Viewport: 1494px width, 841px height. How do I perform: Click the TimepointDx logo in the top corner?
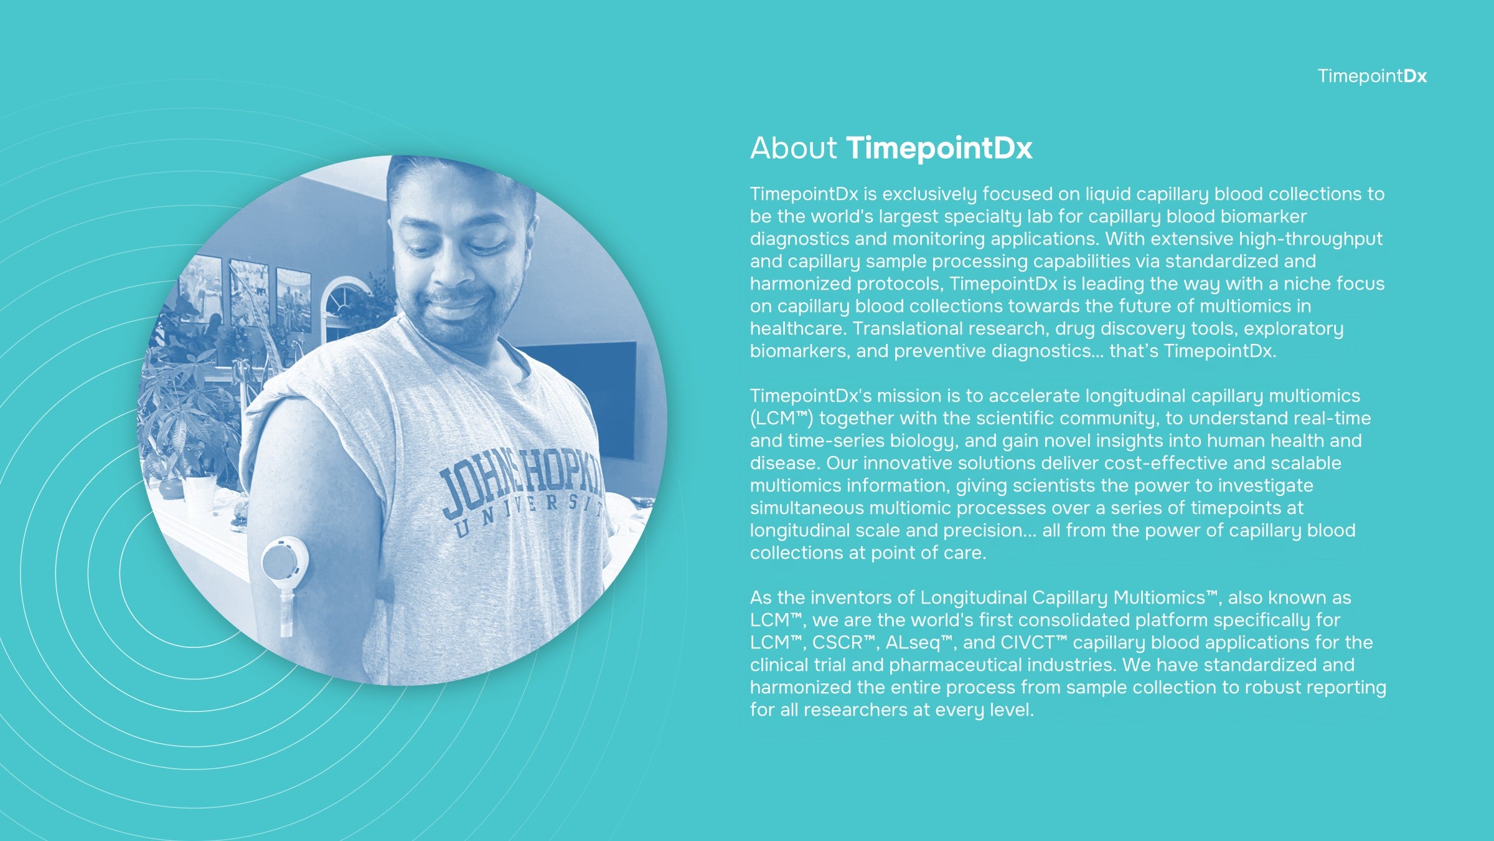pyautogui.click(x=1372, y=76)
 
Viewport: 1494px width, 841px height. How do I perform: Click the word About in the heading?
pyautogui.click(x=794, y=148)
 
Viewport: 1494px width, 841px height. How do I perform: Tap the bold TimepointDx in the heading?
pyautogui.click(x=939, y=148)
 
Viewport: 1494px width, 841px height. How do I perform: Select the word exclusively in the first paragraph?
pyautogui.click(x=929, y=194)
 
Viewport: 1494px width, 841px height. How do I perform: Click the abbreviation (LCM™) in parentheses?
pyautogui.click(x=781, y=419)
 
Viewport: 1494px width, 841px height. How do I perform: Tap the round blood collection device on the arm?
pyautogui.click(x=284, y=561)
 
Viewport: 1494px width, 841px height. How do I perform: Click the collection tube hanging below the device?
pyautogui.click(x=286, y=614)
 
